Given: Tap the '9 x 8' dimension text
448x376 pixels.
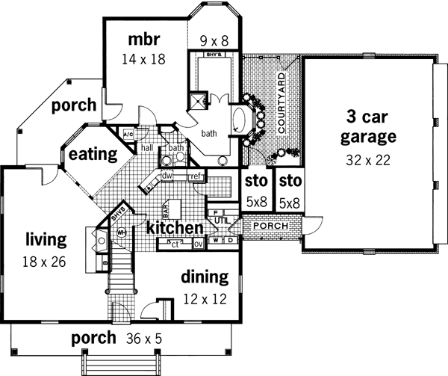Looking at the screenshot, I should click(x=215, y=39).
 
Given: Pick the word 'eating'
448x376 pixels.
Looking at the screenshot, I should click(x=93, y=155).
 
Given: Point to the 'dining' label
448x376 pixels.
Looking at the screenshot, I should click(x=204, y=277).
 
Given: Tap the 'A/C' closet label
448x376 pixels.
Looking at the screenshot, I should click(x=127, y=135).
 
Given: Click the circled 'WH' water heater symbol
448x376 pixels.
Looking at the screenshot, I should click(x=122, y=232).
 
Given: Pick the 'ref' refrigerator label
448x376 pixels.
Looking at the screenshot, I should click(x=196, y=176).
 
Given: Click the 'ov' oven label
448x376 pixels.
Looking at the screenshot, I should click(x=198, y=244).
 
